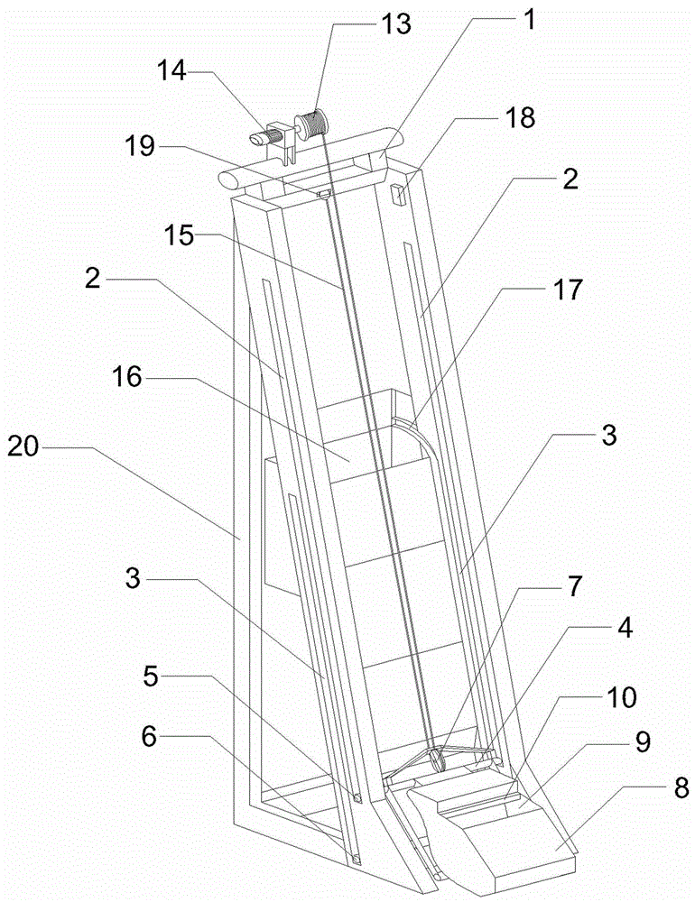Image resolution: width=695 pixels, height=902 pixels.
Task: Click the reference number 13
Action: [x=394, y=24]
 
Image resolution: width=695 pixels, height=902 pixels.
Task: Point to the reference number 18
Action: [x=521, y=116]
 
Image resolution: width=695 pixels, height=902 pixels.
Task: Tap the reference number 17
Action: [x=569, y=290]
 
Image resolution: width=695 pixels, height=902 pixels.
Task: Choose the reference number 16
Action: [x=127, y=377]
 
